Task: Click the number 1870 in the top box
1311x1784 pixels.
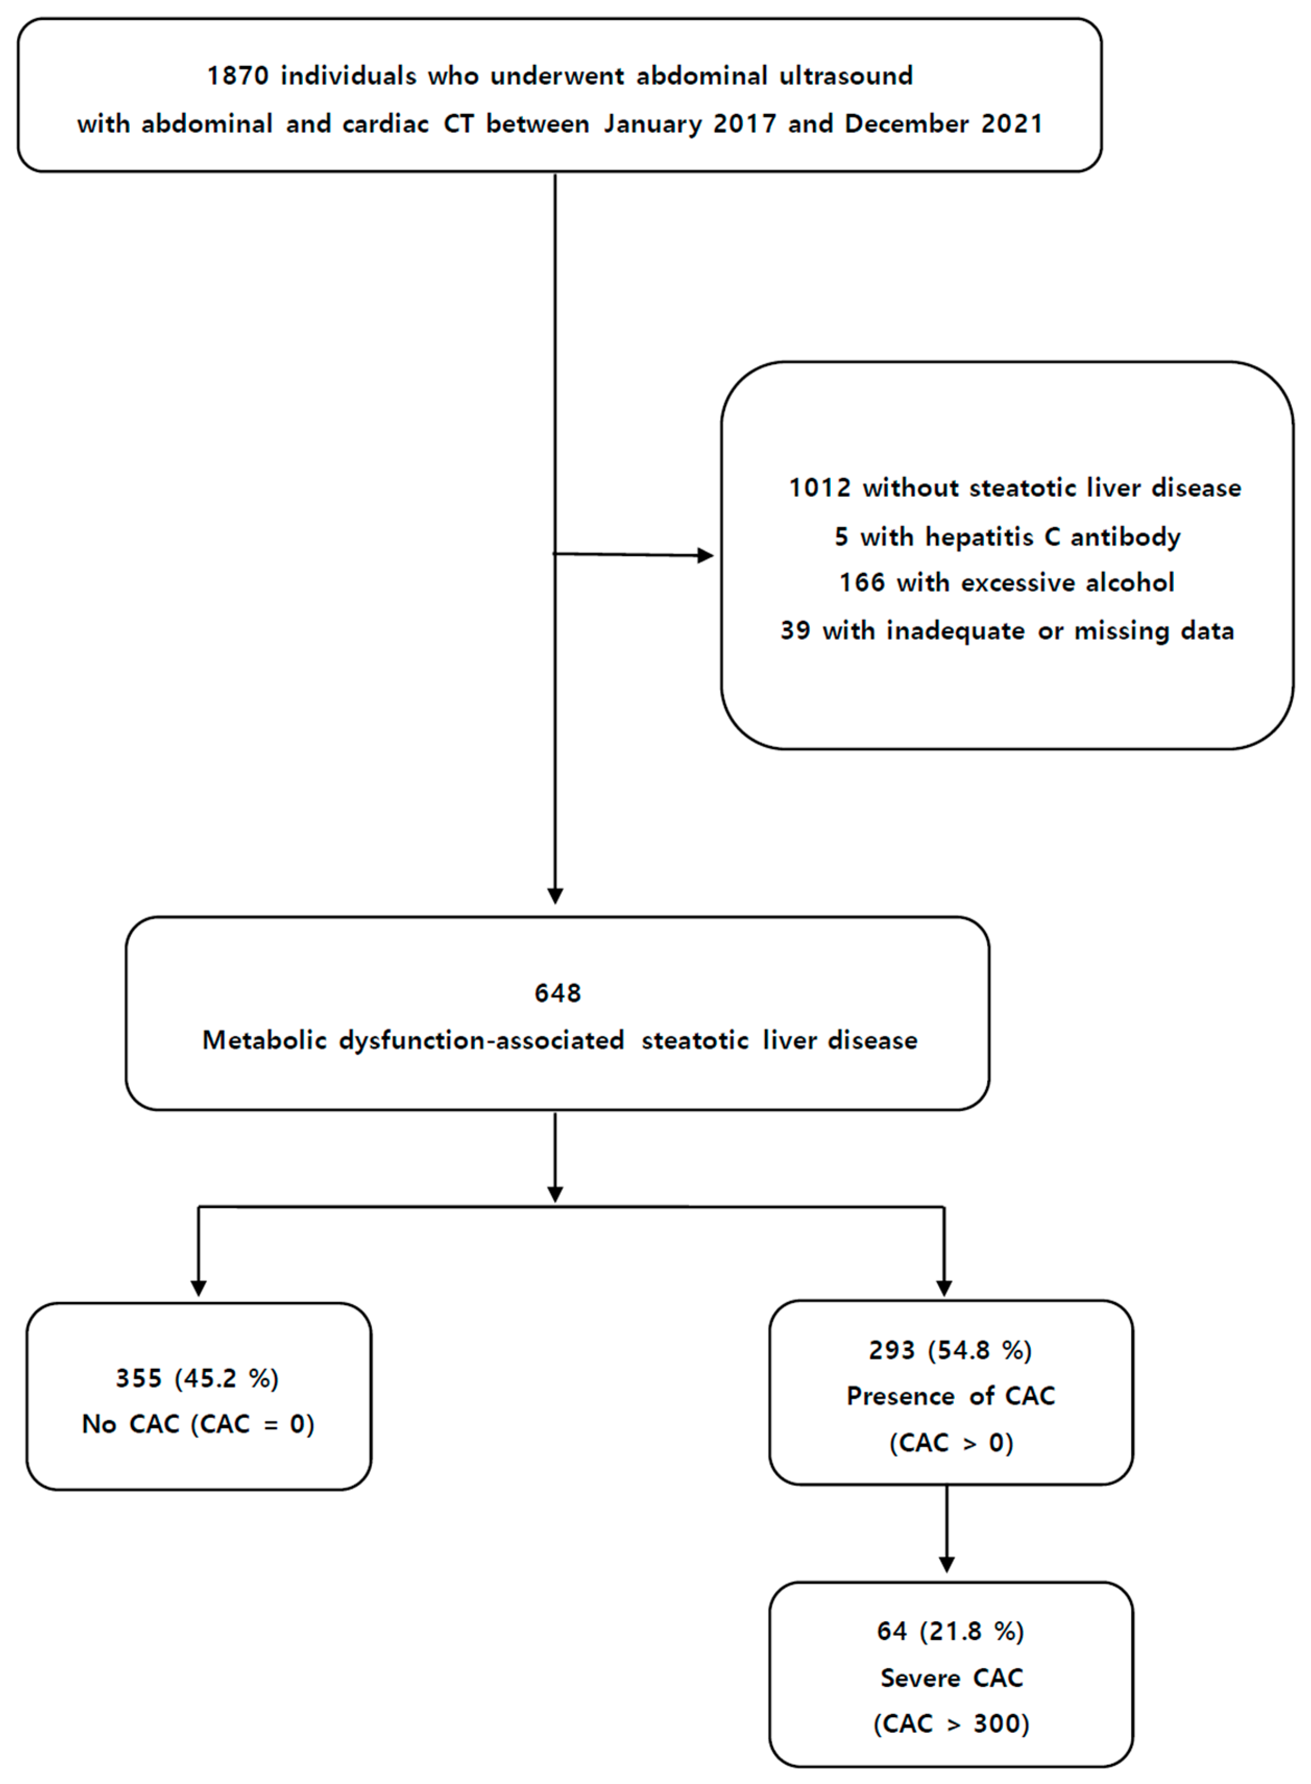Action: [x=237, y=76]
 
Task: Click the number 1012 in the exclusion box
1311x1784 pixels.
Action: [x=819, y=488]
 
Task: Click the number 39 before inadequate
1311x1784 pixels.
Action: [x=795, y=631]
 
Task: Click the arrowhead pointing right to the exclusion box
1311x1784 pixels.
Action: [x=705, y=555]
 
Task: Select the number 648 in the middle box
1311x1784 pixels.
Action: [x=557, y=993]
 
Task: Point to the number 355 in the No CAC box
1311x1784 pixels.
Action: [x=139, y=1378]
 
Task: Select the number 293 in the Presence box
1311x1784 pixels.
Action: [x=891, y=1351]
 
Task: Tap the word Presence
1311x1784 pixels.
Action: [x=900, y=1397]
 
